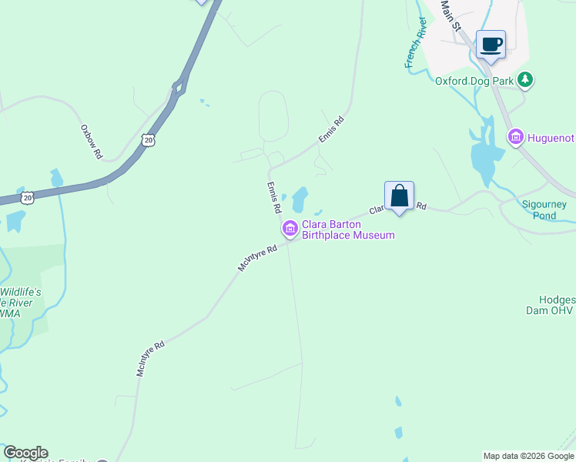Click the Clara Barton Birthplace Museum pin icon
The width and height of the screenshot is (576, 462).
pos(290,228)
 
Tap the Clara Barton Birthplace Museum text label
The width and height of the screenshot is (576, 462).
pos(347,230)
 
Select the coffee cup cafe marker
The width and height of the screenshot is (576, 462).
pos(491,45)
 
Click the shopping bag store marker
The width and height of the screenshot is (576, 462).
pos(399,196)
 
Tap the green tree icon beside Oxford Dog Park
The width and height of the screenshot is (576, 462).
pos(525,79)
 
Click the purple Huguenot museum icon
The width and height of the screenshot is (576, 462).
pos(515,137)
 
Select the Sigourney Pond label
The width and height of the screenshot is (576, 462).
pos(544,209)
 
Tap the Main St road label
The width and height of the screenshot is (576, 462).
pos(450,15)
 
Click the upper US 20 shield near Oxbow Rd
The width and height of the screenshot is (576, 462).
pos(148,139)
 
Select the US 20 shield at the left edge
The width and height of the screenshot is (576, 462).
pos(27,197)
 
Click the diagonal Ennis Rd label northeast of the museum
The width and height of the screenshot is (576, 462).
pos(331,129)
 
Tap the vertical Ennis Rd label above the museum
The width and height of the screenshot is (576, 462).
pos(273,197)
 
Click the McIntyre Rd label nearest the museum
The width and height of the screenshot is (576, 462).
pos(257,258)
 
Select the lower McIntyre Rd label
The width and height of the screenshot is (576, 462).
pos(151,359)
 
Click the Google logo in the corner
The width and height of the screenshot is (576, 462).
pos(25,453)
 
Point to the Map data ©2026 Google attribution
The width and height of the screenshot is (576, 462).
pos(528,456)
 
